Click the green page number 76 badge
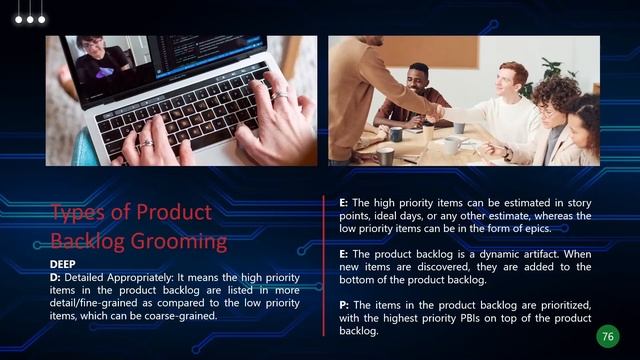(x=607, y=336)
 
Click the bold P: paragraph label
(x=344, y=304)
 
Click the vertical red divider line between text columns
(x=323, y=265)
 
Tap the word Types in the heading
(x=78, y=212)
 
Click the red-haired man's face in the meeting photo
(x=511, y=79)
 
